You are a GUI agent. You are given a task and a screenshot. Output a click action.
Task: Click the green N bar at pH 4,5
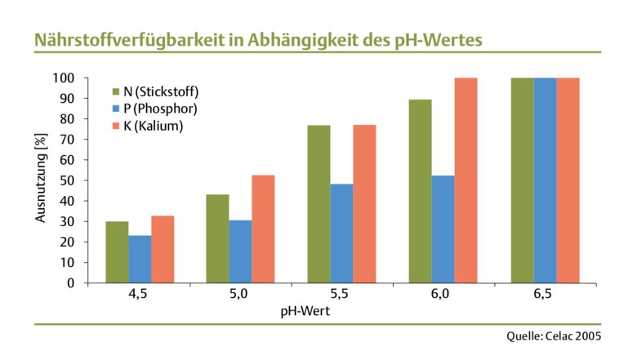click(117, 252)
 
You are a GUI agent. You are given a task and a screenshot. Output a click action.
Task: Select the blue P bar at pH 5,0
click(240, 251)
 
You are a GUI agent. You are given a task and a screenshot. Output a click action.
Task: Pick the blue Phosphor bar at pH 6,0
click(443, 229)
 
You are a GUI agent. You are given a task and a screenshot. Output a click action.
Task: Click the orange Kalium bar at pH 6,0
click(465, 180)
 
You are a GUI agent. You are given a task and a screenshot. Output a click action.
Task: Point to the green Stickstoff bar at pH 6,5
click(522, 180)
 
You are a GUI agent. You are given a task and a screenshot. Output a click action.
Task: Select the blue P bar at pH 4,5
click(140, 260)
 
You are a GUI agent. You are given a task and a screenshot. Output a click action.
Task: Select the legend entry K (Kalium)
click(152, 127)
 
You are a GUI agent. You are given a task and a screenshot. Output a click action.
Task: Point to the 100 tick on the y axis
click(65, 78)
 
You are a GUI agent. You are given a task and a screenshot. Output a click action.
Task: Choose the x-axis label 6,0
click(443, 296)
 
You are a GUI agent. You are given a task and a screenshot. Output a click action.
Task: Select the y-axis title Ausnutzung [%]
click(40, 180)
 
